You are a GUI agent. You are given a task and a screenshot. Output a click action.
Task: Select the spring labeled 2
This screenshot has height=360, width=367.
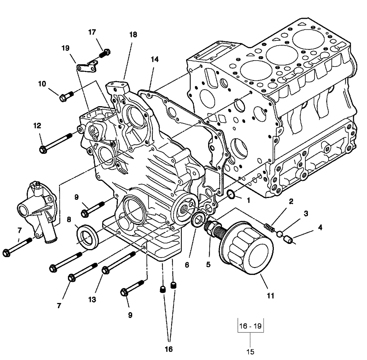(x=269, y=226)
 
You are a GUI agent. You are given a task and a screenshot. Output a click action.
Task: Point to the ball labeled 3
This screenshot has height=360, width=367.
(x=280, y=234)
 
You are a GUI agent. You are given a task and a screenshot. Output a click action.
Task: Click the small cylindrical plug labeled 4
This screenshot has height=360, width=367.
(x=289, y=241)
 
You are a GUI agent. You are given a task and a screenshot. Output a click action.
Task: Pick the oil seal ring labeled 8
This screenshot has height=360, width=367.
(x=87, y=235)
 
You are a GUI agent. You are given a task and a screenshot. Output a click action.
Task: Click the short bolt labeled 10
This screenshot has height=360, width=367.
(x=66, y=97)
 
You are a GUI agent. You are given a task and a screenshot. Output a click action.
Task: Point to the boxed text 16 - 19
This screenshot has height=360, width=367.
(x=251, y=326)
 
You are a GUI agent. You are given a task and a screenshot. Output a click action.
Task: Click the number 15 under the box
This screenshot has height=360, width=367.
(x=250, y=352)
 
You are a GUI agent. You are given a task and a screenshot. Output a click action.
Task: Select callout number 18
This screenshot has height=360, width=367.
(x=133, y=35)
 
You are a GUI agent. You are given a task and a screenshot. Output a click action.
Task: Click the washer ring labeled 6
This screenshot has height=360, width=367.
(x=197, y=220)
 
